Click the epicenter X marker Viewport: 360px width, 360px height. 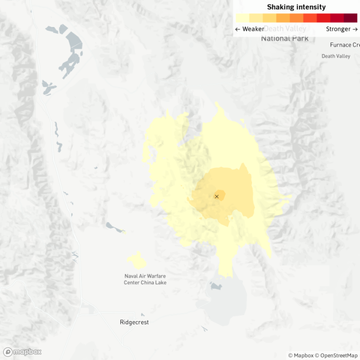tap(216, 196)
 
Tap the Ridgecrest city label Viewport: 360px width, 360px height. tap(134, 322)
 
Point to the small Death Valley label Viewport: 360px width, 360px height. tap(335, 56)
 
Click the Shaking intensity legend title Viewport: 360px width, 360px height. tap(296, 7)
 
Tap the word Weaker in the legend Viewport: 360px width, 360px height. tap(253, 29)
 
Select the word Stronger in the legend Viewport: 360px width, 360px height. tap(338, 29)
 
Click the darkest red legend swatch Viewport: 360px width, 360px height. tap(350, 18)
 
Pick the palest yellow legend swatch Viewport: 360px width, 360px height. tap(242, 18)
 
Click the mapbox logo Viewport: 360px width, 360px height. tap(22, 351)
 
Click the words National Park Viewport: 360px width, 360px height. tap(284, 38)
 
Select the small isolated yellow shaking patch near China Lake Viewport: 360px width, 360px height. tap(136, 260)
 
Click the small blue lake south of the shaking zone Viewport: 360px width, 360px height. tap(216, 286)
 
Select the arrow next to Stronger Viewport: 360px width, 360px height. tap(354, 29)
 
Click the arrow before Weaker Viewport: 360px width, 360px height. tap(237, 29)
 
